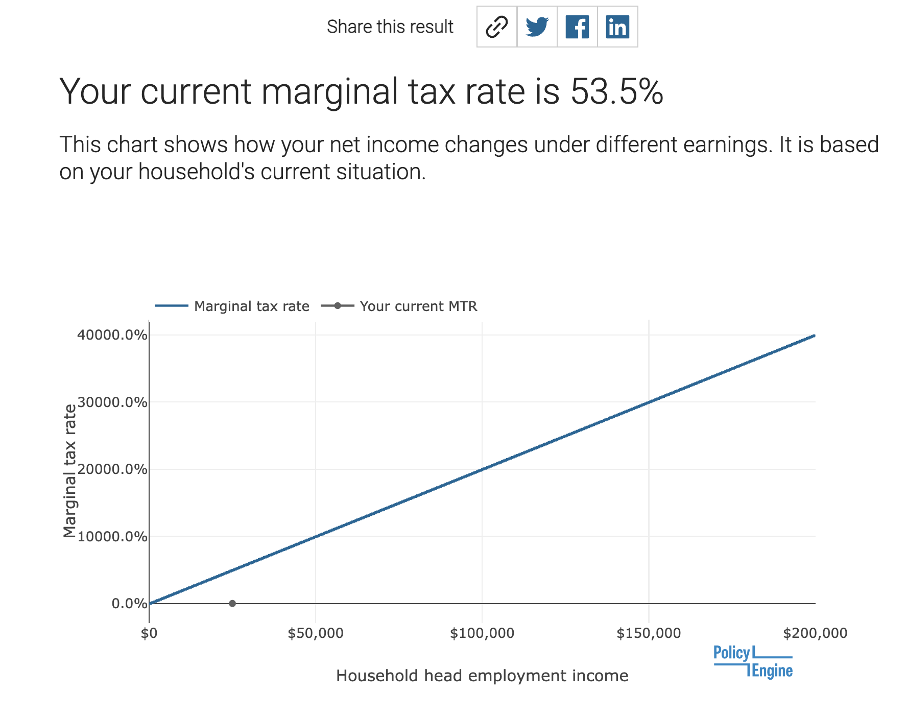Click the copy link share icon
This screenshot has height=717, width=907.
[496, 27]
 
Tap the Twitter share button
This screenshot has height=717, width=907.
[537, 27]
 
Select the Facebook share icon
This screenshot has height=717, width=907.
[577, 27]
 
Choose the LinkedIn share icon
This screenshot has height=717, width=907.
[617, 27]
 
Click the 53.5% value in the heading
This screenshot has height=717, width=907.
[616, 92]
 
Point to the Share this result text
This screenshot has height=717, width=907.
[390, 27]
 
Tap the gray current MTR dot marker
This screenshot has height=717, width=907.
[232, 604]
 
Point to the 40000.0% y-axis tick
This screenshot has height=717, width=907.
[112, 336]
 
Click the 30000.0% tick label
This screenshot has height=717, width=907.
[112, 402]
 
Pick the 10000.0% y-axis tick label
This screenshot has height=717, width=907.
[112, 537]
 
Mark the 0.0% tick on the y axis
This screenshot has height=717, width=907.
[129, 604]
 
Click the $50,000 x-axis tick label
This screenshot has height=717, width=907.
[316, 634]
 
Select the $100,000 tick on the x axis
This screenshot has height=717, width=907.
[482, 634]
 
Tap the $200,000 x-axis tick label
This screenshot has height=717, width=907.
[815, 634]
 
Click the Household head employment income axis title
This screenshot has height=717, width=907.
[482, 676]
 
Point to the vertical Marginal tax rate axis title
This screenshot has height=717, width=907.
[69, 470]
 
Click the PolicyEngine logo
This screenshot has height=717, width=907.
[753, 662]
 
